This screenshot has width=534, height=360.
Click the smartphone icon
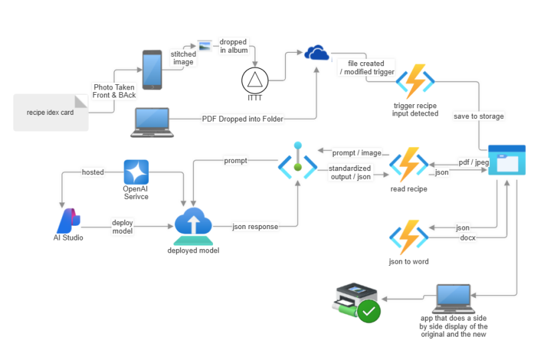tap(152, 70)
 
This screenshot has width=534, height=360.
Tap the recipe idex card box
tap(51, 112)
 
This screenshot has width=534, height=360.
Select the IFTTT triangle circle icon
tap(255, 80)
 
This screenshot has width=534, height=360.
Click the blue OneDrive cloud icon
tap(317, 52)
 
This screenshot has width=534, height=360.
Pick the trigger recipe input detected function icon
tap(415, 82)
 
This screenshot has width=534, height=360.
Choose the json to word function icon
tap(409, 237)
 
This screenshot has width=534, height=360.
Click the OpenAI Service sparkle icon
tap(136, 172)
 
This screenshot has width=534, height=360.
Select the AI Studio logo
tap(69, 220)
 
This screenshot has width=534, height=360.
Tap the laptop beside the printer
tap(454, 299)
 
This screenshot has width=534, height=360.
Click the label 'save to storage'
tap(479, 116)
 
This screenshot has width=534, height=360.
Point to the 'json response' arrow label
tap(255, 227)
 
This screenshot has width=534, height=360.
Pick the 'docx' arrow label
tap(467, 238)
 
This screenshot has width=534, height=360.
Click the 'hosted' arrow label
tap(93, 172)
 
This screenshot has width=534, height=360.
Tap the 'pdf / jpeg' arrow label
tap(474, 162)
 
